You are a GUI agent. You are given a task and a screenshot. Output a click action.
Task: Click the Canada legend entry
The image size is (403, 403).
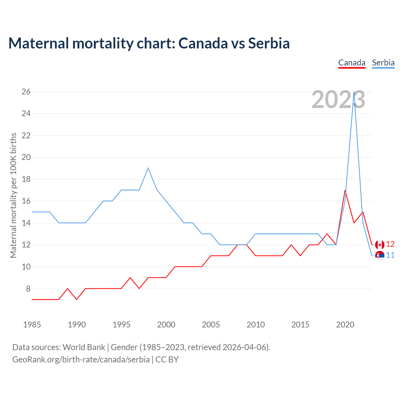tap(352, 63)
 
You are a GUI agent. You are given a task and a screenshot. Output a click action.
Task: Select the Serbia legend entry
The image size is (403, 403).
tap(383, 63)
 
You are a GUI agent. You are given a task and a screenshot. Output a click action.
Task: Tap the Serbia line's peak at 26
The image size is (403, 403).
tap(354, 92)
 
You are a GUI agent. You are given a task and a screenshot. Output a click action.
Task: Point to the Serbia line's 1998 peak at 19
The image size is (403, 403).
tap(148, 168)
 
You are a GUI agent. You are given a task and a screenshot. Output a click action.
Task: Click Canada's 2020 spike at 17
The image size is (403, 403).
tap(345, 190)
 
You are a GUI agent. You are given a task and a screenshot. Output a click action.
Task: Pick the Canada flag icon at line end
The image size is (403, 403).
tap(380, 245)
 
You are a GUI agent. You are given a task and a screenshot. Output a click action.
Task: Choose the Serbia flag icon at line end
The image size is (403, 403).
tap(380, 255)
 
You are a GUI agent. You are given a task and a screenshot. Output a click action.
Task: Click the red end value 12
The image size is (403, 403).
tap(390, 244)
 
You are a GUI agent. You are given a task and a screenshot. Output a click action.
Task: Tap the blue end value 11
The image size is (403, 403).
tap(390, 255)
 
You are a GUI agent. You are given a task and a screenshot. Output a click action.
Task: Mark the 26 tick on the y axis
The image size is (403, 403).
tap(26, 92)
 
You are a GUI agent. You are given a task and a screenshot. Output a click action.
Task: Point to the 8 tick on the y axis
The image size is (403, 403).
tap(28, 289)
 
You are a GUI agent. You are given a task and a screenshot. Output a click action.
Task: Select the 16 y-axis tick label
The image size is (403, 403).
tap(26, 201)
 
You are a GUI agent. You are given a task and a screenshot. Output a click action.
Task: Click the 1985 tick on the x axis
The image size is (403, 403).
tap(32, 325)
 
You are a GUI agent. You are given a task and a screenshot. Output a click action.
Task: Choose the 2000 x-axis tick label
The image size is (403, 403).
tap(166, 325)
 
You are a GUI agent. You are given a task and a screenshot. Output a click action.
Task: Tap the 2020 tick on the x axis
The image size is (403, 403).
tap(345, 325)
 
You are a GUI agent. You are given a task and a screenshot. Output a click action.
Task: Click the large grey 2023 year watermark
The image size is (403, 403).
tap(338, 100)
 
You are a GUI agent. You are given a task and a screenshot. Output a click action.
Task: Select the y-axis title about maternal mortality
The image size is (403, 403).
tap(13, 195)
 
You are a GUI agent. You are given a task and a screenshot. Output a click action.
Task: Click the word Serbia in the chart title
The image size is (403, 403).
tap(269, 43)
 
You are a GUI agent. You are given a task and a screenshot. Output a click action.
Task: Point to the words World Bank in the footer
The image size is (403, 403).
tap(84, 347)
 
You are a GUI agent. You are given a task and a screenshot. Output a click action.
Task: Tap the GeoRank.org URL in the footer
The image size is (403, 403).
tap(81, 360)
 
